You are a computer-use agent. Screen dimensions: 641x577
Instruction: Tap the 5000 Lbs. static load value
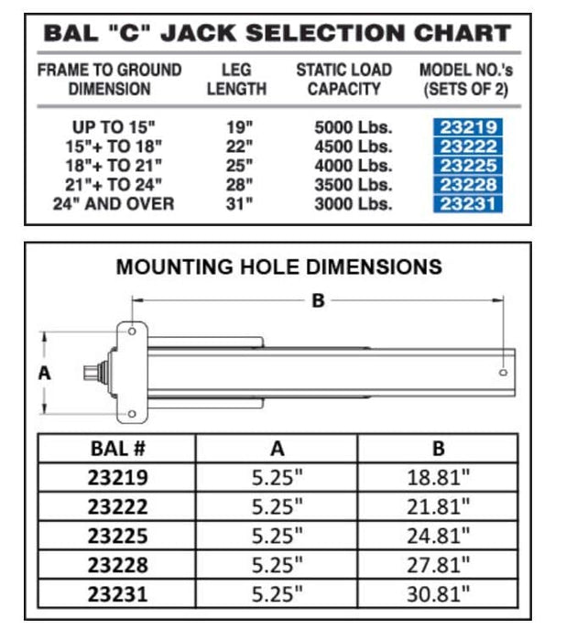(353, 127)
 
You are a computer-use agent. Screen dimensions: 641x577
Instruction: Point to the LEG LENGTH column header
(236, 80)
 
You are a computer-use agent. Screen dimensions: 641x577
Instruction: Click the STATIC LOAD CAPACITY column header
(343, 80)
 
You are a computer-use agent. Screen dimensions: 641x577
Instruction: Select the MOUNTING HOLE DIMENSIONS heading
(278, 266)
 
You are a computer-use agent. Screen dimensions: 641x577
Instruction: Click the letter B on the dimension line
(318, 300)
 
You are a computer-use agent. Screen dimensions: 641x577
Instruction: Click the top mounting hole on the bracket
(134, 331)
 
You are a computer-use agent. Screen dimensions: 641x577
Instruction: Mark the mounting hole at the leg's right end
(503, 372)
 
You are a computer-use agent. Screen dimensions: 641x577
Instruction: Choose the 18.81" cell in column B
(438, 477)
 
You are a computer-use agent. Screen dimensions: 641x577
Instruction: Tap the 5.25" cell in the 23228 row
(278, 563)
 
